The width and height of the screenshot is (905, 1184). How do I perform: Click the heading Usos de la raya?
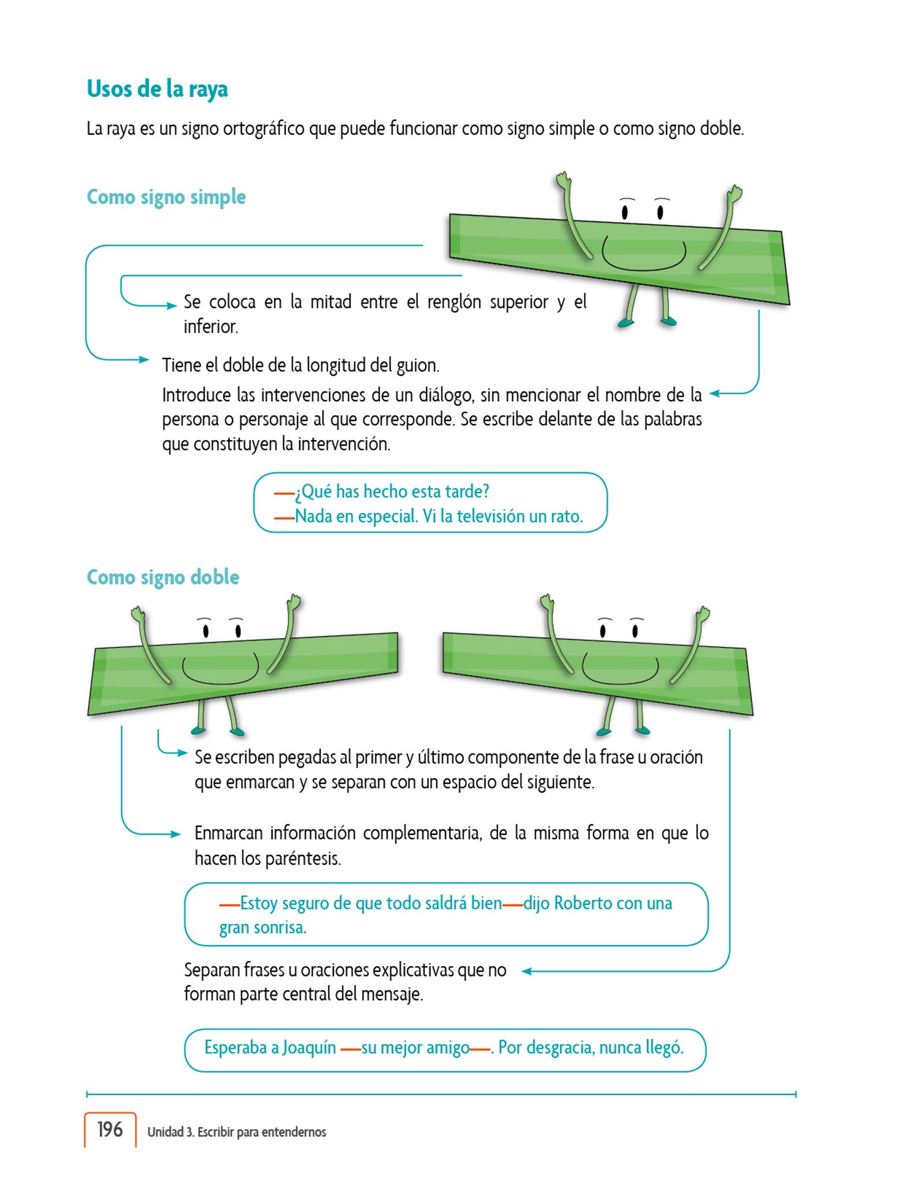pos(157,89)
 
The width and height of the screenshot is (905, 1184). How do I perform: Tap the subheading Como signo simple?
pos(166,197)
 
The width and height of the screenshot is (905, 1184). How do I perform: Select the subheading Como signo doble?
pos(163,577)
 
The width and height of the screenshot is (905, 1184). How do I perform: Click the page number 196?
pos(110,1129)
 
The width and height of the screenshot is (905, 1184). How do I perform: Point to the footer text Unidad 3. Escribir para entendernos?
pos(237,1132)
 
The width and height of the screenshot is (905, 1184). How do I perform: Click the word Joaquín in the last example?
pos(309,1048)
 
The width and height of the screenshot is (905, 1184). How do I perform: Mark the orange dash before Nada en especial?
pos(284,518)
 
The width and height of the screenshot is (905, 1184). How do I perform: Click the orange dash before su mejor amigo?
pos(351,1049)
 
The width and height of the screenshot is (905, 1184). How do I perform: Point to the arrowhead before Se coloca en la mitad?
pos(172,306)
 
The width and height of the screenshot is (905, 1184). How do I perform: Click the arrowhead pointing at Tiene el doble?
pos(144,360)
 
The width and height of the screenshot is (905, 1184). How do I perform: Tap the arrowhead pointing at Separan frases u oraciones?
pos(527,971)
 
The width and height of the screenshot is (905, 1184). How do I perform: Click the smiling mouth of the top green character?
pos(643,257)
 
